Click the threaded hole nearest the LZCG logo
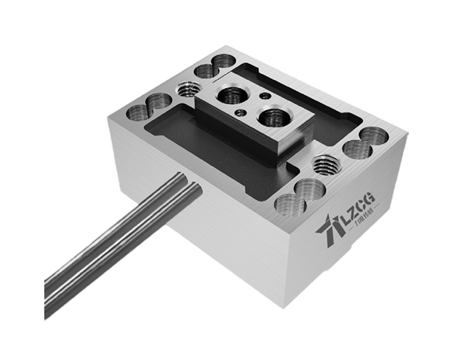(325, 164)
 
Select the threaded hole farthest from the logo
(190, 89)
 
